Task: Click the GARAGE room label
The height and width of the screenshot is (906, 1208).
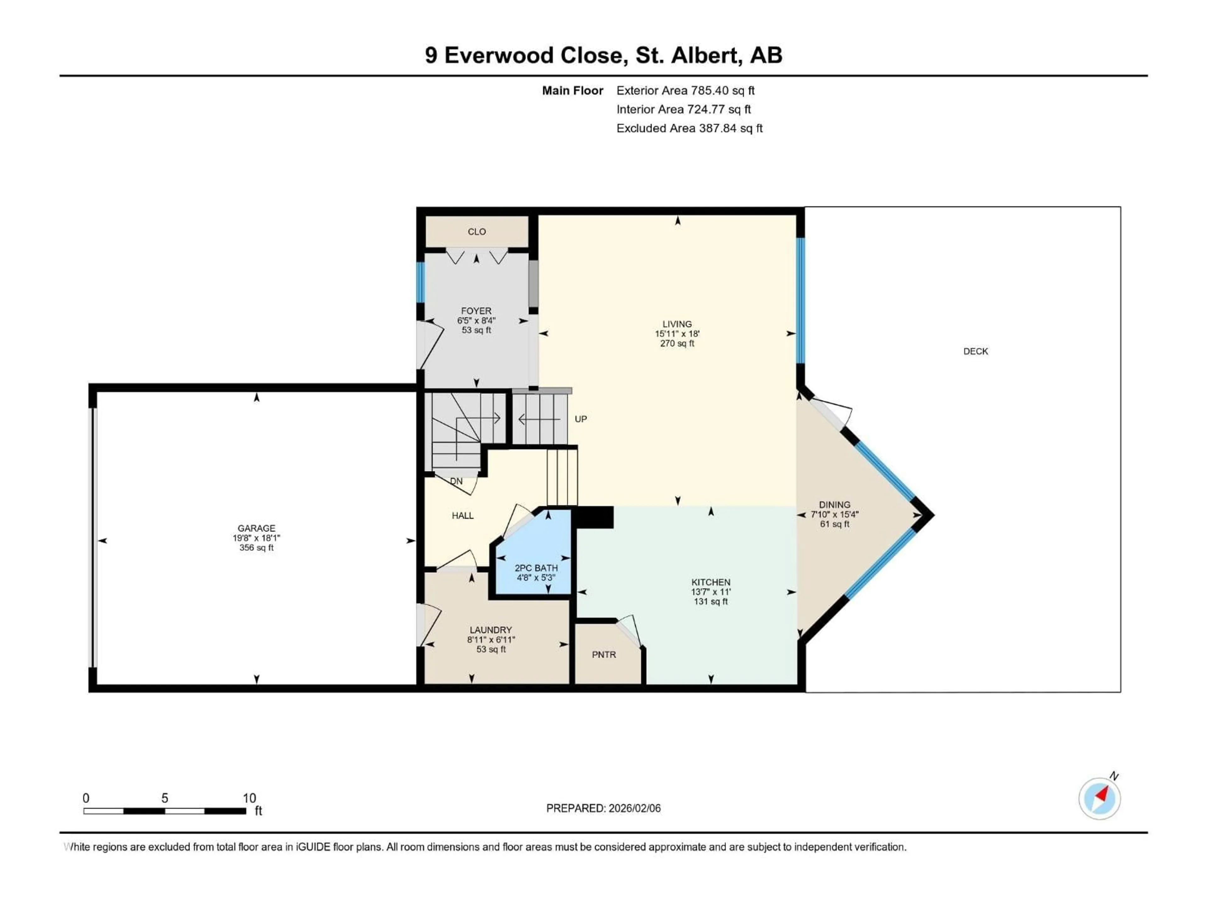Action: click(x=256, y=528)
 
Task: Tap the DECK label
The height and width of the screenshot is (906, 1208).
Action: click(x=975, y=351)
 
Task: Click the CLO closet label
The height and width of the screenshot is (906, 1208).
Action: click(x=476, y=232)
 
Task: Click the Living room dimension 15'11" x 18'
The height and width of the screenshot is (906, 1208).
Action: click(x=677, y=334)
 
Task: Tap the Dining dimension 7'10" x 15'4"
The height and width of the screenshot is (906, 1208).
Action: click(x=835, y=514)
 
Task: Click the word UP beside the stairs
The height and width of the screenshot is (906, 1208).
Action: click(x=580, y=419)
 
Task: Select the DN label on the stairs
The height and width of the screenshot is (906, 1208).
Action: click(x=456, y=481)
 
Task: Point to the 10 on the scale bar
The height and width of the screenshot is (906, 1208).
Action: click(x=249, y=798)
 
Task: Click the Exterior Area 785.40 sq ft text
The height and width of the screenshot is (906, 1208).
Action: click(x=685, y=91)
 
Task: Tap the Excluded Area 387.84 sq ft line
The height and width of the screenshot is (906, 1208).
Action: click(x=689, y=128)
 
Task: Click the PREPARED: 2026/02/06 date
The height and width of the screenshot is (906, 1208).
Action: click(x=603, y=808)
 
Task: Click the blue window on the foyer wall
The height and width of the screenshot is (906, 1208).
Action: click(x=421, y=282)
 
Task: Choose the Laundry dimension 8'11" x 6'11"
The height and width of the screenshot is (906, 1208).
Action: click(x=491, y=640)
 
